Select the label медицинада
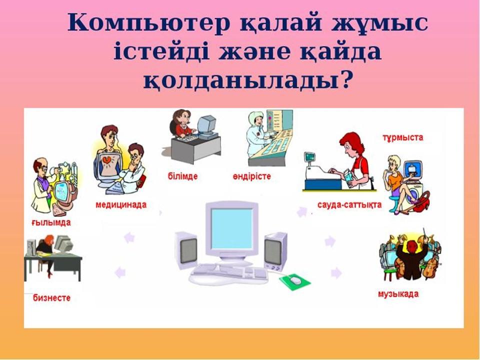click(121, 205)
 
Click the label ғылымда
click(51, 222)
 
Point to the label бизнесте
click(51, 298)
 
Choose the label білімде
click(183, 176)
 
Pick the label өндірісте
click(251, 176)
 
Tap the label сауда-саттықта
click(349, 205)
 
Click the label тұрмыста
click(403, 137)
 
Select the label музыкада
click(398, 294)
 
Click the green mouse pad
click(295, 282)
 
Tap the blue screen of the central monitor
click(231, 228)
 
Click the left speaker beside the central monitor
click(186, 250)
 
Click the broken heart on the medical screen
click(107, 160)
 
